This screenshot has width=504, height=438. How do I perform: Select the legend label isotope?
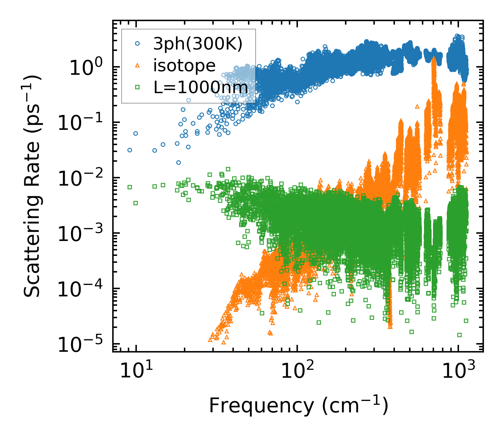pos(184,66)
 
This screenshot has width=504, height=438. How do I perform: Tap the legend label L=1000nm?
pos(201,88)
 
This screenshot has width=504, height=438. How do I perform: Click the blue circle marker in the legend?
pos(137,44)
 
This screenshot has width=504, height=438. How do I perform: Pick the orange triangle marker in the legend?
pos(137,65)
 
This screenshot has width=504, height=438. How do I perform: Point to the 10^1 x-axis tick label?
pos(136,371)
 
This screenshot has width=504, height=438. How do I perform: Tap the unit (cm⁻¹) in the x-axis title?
pos(355,406)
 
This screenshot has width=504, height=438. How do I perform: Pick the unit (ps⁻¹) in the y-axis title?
pos(32,100)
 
